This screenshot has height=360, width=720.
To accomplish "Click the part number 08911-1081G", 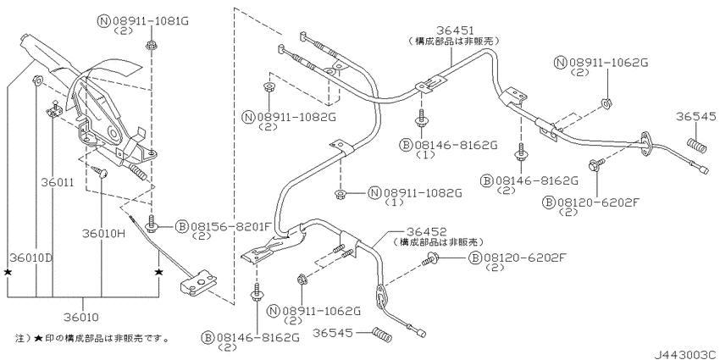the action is (150, 21).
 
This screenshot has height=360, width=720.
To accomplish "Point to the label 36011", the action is (57, 183).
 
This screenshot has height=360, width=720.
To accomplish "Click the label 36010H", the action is (104, 233).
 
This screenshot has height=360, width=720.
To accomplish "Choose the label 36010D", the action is (30, 258).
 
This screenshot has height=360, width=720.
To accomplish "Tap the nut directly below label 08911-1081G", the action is (151, 46).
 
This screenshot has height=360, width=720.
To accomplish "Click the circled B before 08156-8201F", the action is (182, 226).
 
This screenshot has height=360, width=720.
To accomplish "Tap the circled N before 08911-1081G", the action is (102, 21).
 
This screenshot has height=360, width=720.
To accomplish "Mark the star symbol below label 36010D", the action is (8, 272).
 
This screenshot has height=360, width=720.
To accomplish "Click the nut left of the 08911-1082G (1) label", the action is (341, 194).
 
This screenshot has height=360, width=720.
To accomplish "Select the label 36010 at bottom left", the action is (83, 317).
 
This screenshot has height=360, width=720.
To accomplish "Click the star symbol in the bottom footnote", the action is (39, 339).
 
